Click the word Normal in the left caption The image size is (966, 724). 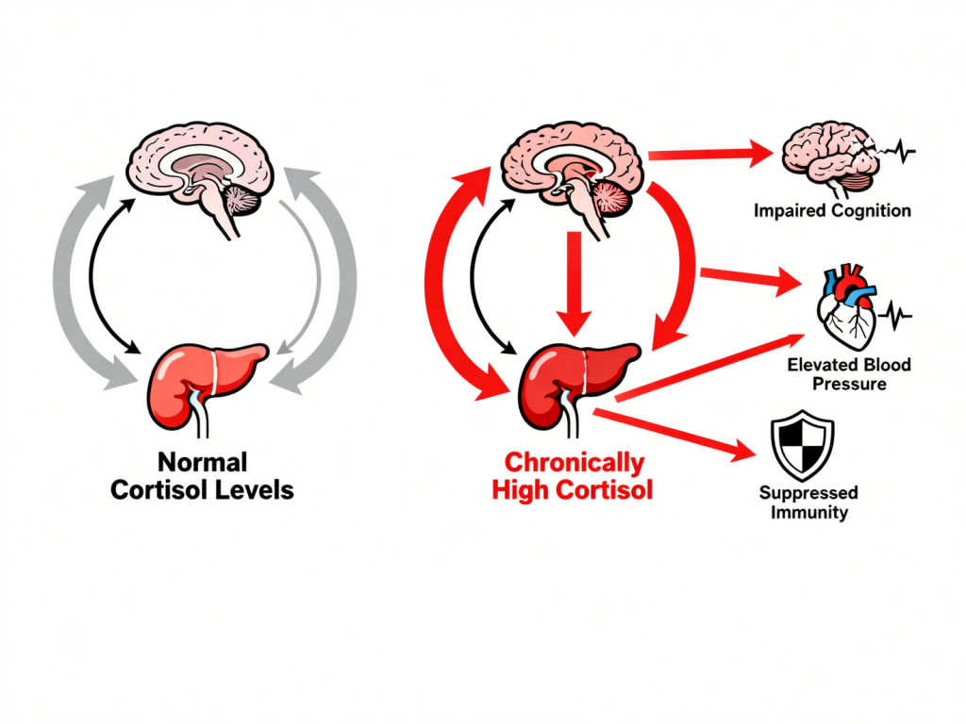pyautogui.click(x=202, y=463)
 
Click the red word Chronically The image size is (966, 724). pyautogui.click(x=575, y=463)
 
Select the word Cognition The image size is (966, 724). pyautogui.click(x=872, y=210)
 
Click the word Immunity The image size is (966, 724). pyautogui.click(x=808, y=513)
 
